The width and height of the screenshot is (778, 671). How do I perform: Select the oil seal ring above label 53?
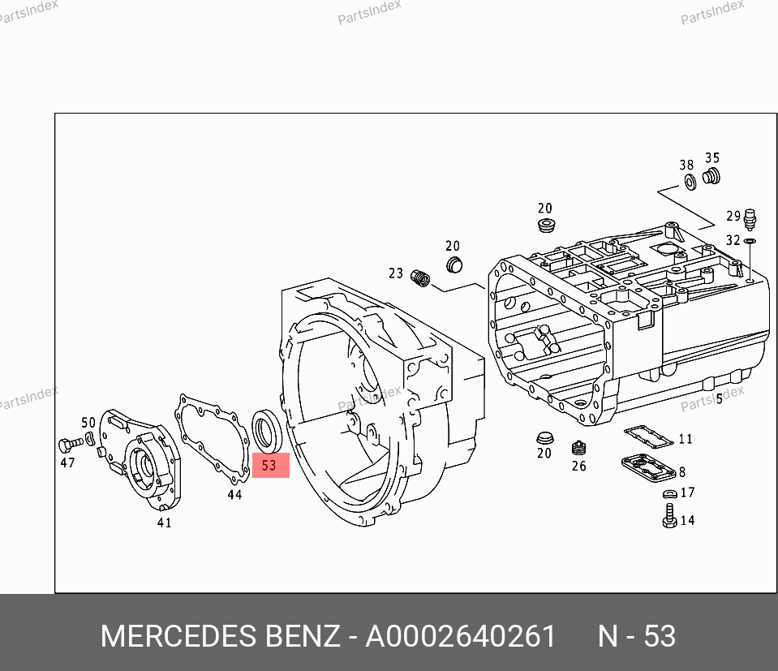268,432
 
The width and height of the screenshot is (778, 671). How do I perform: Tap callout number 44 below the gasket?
234,494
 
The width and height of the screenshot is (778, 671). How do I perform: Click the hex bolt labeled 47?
70,445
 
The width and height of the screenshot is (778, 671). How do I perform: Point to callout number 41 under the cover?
164,523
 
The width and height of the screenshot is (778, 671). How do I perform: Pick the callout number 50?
88,423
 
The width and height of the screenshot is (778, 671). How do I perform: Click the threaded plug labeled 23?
420,278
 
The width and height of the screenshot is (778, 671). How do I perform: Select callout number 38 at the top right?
686,165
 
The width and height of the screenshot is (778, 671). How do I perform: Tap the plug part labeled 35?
711,176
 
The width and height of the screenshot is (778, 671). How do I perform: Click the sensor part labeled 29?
750,219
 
